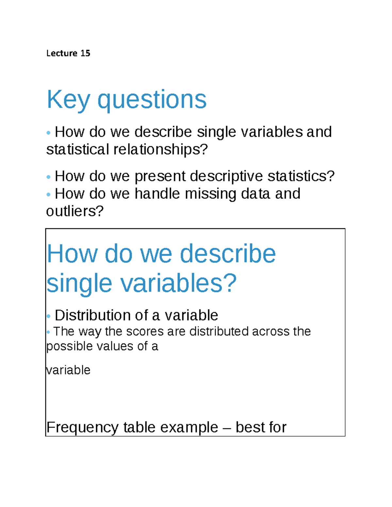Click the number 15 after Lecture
point(85,53)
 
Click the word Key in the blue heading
point(68,100)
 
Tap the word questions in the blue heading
point(152,100)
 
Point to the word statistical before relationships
point(77,150)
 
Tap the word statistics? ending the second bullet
point(301,176)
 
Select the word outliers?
point(75,211)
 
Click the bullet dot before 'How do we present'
point(49,177)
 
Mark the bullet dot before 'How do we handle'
point(49,195)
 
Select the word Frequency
point(83,427)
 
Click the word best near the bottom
point(251,427)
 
